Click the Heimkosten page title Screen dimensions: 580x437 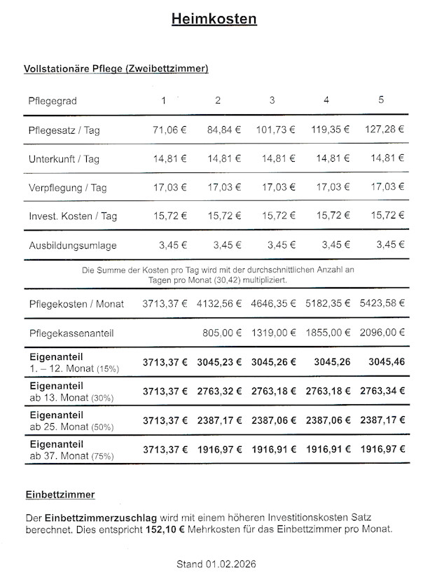tap(214, 20)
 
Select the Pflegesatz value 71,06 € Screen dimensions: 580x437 tap(169, 130)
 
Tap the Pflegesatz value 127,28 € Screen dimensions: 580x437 tap(384, 130)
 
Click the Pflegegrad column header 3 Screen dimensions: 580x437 tap(272, 100)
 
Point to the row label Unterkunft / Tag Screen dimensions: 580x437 tap(64, 159)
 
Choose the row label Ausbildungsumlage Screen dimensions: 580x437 tap(73, 246)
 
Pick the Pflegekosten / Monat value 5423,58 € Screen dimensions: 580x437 tap(384, 304)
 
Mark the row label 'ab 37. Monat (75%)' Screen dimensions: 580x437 tap(71, 457)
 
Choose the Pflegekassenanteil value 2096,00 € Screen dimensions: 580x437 tap(384, 333)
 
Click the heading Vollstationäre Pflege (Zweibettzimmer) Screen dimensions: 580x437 tap(116, 69)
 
